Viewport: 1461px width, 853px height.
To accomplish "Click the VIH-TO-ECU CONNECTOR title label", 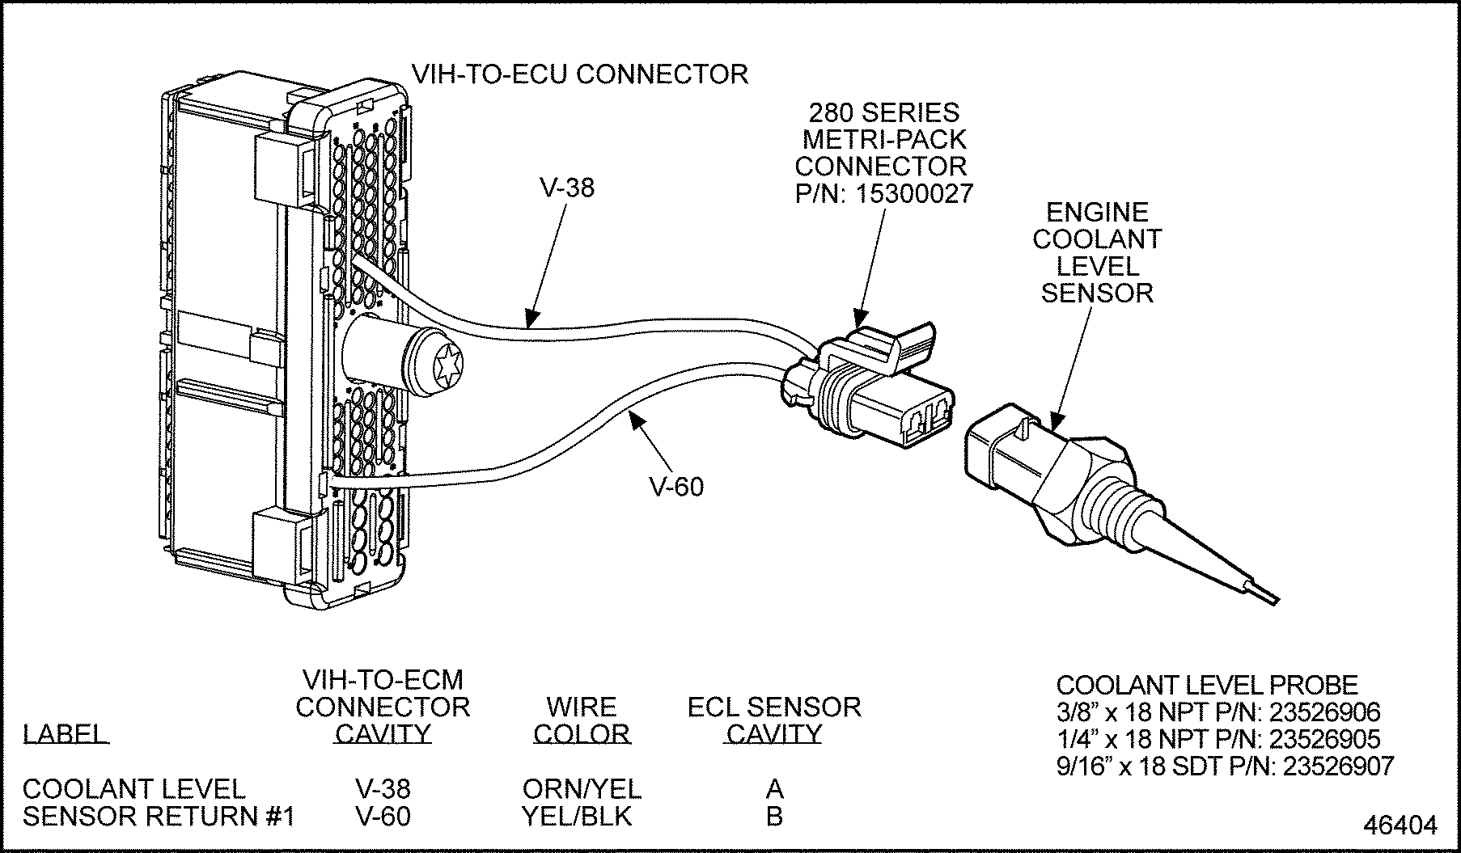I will click(580, 74).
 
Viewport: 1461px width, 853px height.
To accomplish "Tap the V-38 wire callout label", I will click(566, 188).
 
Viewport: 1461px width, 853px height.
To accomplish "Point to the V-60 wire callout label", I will click(676, 487).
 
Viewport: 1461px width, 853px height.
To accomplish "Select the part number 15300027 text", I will click(917, 193).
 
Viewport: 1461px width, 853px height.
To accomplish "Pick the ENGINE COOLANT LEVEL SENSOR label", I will click(1097, 252).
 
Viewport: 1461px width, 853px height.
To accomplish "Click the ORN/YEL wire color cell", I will click(582, 788).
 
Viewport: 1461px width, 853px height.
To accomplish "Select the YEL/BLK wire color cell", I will click(577, 817).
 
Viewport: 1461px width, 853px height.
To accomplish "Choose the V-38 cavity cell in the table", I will click(383, 788).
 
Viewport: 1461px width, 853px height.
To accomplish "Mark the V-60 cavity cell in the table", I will click(383, 817).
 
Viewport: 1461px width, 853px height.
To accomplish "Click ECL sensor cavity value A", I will click(774, 788).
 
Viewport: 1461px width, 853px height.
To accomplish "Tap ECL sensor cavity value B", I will click(774, 817).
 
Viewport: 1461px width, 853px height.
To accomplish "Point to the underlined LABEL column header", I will click(65, 734).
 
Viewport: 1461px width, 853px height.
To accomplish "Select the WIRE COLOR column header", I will click(582, 720).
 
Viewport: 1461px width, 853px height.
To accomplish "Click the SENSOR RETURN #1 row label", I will click(158, 817).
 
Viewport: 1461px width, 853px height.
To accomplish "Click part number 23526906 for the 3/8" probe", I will click(1324, 712).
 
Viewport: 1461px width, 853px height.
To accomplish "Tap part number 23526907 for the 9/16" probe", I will click(1339, 766).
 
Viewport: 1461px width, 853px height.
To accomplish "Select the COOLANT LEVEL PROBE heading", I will click(1206, 685).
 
